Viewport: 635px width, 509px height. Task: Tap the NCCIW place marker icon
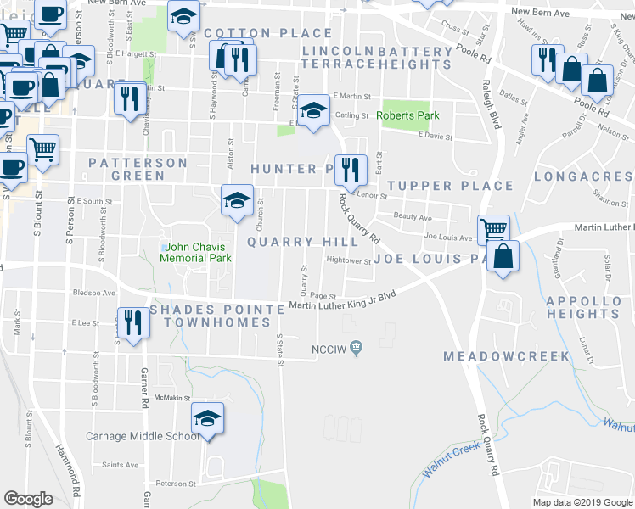point(357,346)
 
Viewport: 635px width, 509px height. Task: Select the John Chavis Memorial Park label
point(195,252)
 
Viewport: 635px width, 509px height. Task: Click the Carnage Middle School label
point(143,436)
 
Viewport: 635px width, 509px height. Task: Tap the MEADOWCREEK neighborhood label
point(506,356)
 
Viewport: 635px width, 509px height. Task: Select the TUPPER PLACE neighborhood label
point(450,186)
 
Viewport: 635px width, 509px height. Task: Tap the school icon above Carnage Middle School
point(206,419)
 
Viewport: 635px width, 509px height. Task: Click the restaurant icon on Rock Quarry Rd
point(350,171)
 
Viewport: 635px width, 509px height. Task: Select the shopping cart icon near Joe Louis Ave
point(493,229)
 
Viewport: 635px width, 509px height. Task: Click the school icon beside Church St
point(237,200)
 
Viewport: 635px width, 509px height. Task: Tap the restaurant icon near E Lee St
point(132,322)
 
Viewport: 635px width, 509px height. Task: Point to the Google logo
point(28,499)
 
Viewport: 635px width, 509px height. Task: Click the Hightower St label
point(349,261)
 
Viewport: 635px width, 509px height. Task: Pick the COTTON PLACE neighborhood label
point(267,33)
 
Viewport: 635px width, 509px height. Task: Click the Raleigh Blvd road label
point(488,102)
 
